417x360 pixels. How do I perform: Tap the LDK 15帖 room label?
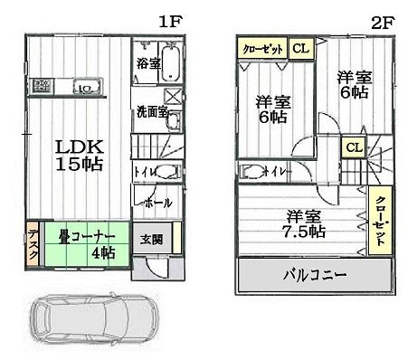(x=80, y=156)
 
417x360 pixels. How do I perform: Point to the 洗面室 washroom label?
(x=151, y=112)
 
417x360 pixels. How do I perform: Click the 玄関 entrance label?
(x=151, y=240)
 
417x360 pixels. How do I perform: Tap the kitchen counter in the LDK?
(x=69, y=88)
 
